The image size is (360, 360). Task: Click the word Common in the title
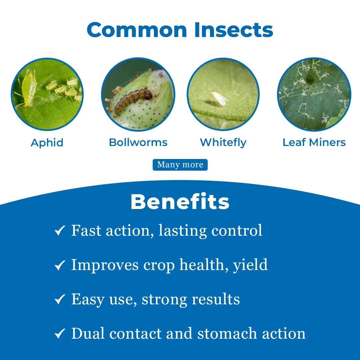(138, 30)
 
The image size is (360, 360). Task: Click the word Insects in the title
(233, 30)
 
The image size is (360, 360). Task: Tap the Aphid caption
(47, 143)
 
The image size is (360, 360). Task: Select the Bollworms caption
(138, 143)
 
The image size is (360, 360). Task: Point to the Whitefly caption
(223, 143)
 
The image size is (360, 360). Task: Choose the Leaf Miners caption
(314, 143)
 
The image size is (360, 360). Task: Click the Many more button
(180, 165)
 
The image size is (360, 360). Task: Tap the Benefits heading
(180, 202)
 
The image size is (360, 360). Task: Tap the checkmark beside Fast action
(60, 231)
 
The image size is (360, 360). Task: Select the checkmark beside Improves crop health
(60, 265)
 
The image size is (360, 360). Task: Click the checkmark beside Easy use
(60, 300)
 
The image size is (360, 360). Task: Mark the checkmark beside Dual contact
(60, 334)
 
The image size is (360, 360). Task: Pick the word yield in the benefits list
(251, 265)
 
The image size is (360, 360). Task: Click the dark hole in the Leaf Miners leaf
(310, 79)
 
